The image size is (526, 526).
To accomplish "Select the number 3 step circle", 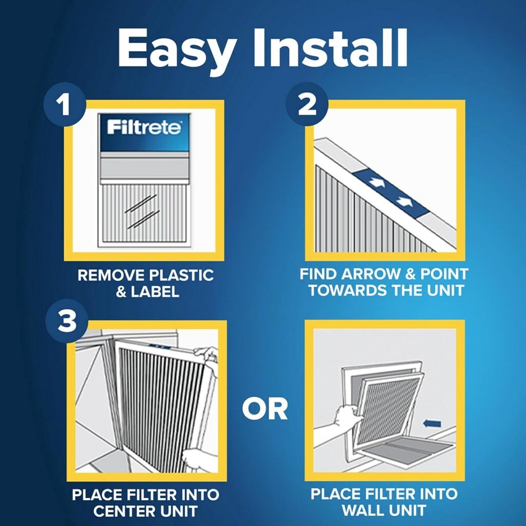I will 66,322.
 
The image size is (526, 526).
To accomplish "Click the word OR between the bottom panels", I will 265,409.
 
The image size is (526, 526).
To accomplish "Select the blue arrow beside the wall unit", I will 433,423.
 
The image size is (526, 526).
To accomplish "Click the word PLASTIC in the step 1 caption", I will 184,275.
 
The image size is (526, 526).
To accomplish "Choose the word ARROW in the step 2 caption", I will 366,274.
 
